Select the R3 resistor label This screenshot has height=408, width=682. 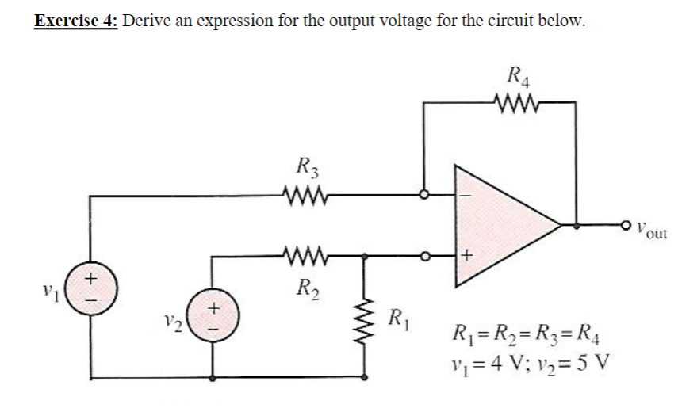[305, 168]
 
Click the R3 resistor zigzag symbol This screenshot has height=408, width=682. [305, 193]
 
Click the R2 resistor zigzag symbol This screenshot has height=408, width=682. [305, 256]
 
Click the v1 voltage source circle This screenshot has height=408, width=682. [89, 286]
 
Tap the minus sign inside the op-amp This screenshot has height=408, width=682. [467, 193]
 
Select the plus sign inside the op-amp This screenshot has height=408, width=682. [468, 255]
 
